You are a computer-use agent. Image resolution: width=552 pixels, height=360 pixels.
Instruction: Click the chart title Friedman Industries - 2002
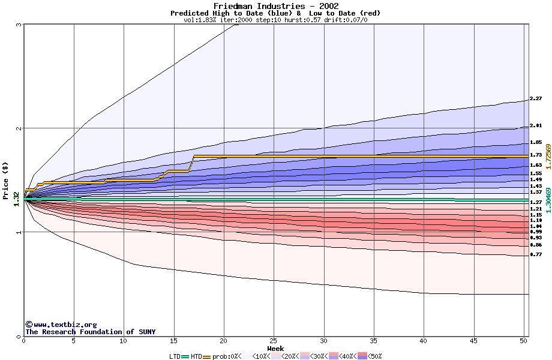coord(275,6)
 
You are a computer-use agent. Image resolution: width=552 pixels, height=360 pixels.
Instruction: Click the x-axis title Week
coord(275,348)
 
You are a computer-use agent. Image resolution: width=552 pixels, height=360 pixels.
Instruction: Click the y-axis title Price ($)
coord(6,174)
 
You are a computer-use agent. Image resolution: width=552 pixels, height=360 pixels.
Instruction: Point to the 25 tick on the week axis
coord(274,341)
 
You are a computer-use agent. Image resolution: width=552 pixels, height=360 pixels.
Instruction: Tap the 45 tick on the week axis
coord(473,341)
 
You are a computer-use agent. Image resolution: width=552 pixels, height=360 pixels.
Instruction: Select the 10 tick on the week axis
coord(124,341)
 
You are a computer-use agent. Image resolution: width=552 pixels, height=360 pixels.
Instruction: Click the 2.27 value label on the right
coord(536,98)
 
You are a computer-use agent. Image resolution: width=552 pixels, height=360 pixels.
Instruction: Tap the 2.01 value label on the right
coord(536,125)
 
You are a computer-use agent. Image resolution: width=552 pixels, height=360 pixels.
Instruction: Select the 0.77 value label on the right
coord(536,254)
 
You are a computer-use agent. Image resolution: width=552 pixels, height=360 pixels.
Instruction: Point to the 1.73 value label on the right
coord(536,155)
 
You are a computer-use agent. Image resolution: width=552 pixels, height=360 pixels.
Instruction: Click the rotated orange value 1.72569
coord(548,156)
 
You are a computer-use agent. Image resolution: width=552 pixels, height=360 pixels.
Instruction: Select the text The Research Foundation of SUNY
coord(90,332)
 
